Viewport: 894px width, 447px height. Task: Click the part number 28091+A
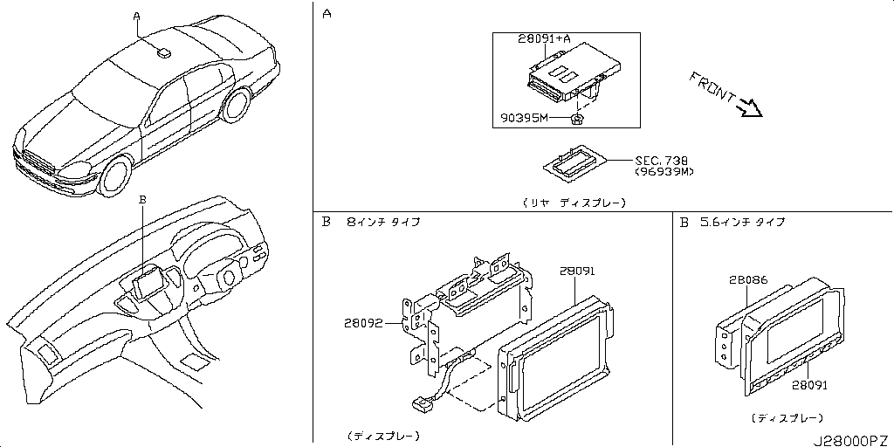click(x=545, y=38)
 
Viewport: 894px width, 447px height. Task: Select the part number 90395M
click(x=524, y=118)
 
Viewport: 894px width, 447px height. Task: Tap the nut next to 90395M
click(x=576, y=119)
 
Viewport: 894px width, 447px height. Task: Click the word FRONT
click(x=711, y=86)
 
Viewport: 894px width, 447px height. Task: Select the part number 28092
click(x=362, y=323)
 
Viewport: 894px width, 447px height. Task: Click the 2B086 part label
click(x=747, y=280)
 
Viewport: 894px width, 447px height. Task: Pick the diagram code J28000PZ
click(x=852, y=440)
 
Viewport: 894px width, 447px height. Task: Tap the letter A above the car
click(x=136, y=16)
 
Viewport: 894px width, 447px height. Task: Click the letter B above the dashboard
click(x=143, y=199)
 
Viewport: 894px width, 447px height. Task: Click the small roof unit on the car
click(x=163, y=52)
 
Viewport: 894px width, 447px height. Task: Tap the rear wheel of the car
click(x=237, y=104)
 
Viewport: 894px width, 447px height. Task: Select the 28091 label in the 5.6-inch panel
click(x=810, y=385)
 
